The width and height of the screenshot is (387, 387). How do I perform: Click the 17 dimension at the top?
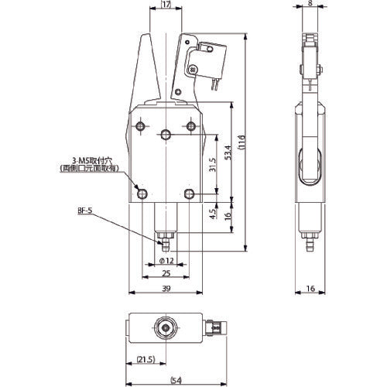[x=166, y=4]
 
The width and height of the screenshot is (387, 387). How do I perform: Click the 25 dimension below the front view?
[x=167, y=274]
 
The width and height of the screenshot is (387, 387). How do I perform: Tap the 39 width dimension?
[x=167, y=289]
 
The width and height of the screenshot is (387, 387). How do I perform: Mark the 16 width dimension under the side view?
[x=310, y=289]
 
